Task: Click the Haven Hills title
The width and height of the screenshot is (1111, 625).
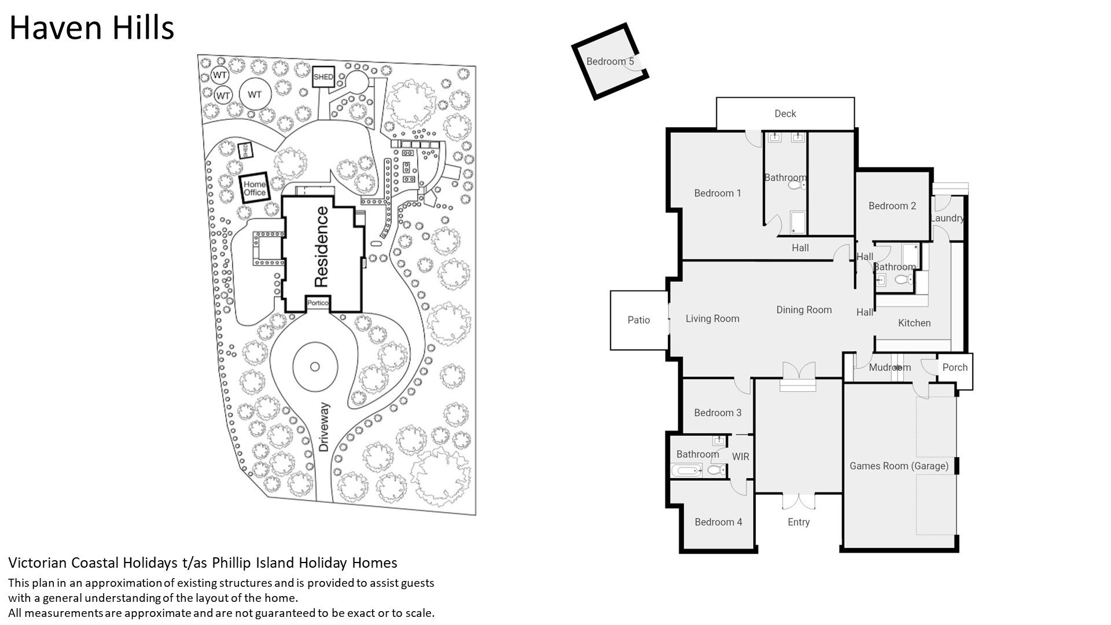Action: tap(91, 28)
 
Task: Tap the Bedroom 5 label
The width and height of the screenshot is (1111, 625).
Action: tap(610, 61)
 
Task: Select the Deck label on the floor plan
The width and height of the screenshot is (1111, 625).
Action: tap(785, 113)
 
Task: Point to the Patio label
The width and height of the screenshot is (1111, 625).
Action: tap(639, 320)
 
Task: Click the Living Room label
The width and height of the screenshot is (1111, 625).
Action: tap(712, 318)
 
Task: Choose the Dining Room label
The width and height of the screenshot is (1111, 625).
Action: tap(804, 310)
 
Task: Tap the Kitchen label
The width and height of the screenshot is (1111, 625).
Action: tap(914, 323)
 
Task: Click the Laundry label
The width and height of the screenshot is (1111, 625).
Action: tap(947, 218)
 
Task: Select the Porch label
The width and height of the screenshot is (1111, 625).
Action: tap(955, 367)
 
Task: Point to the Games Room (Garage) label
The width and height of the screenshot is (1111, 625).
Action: tap(899, 466)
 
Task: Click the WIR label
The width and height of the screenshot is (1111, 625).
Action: tap(741, 457)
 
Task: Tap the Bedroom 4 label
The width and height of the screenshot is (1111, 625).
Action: tap(718, 522)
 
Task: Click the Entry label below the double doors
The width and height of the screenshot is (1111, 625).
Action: tap(799, 522)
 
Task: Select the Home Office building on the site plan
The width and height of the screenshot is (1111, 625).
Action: tap(255, 188)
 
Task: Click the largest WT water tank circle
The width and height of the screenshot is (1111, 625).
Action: tap(255, 95)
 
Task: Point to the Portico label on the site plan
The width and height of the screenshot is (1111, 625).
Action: tap(318, 303)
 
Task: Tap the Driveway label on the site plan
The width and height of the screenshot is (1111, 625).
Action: tap(323, 427)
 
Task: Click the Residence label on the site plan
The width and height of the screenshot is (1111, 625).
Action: tap(321, 247)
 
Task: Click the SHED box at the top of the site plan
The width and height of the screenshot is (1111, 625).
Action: tap(323, 77)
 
